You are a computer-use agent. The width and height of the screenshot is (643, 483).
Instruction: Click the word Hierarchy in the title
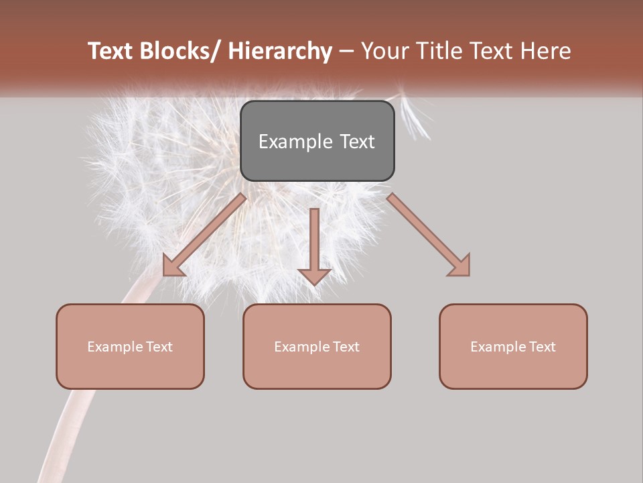280,51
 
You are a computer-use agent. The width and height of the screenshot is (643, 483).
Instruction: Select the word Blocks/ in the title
178,51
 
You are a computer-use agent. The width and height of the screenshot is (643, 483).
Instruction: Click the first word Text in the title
111,51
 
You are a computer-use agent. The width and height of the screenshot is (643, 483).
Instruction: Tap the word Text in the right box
542,347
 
